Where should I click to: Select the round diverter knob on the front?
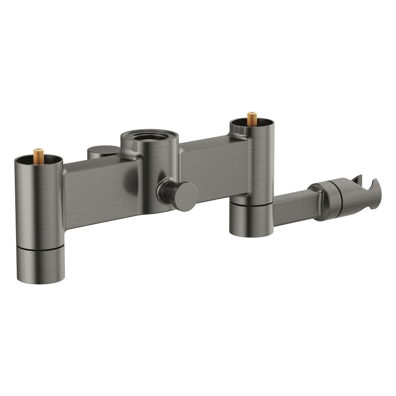[x=185, y=196]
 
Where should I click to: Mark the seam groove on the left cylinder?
[x=40, y=247]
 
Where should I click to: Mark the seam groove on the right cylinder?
[x=251, y=204]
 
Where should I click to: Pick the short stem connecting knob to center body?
[x=166, y=191]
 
